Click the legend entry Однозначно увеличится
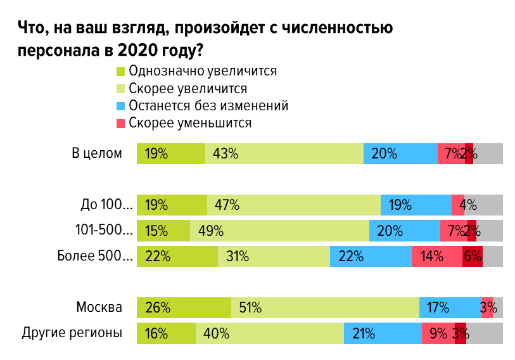tap(202, 70)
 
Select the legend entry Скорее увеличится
tap(188, 87)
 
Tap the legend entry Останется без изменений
tap(208, 105)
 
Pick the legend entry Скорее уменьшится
tap(190, 122)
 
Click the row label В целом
tap(96, 153)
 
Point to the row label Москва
tap(99, 307)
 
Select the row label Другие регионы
tap(72, 332)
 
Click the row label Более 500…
tap(96, 256)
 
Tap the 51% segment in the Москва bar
tap(325, 307)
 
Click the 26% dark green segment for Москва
tap(184, 307)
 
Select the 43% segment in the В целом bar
tap(284, 153)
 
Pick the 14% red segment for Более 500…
tap(436, 256)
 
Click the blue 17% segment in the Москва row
tap(450, 307)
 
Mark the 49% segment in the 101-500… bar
tap(279, 231)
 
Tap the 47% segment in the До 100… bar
tap(293, 205)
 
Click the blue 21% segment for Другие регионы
tap(383, 333)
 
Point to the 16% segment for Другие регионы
tap(166, 333)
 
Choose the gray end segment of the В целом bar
tap(488, 153)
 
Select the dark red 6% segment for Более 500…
tap(473, 256)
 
